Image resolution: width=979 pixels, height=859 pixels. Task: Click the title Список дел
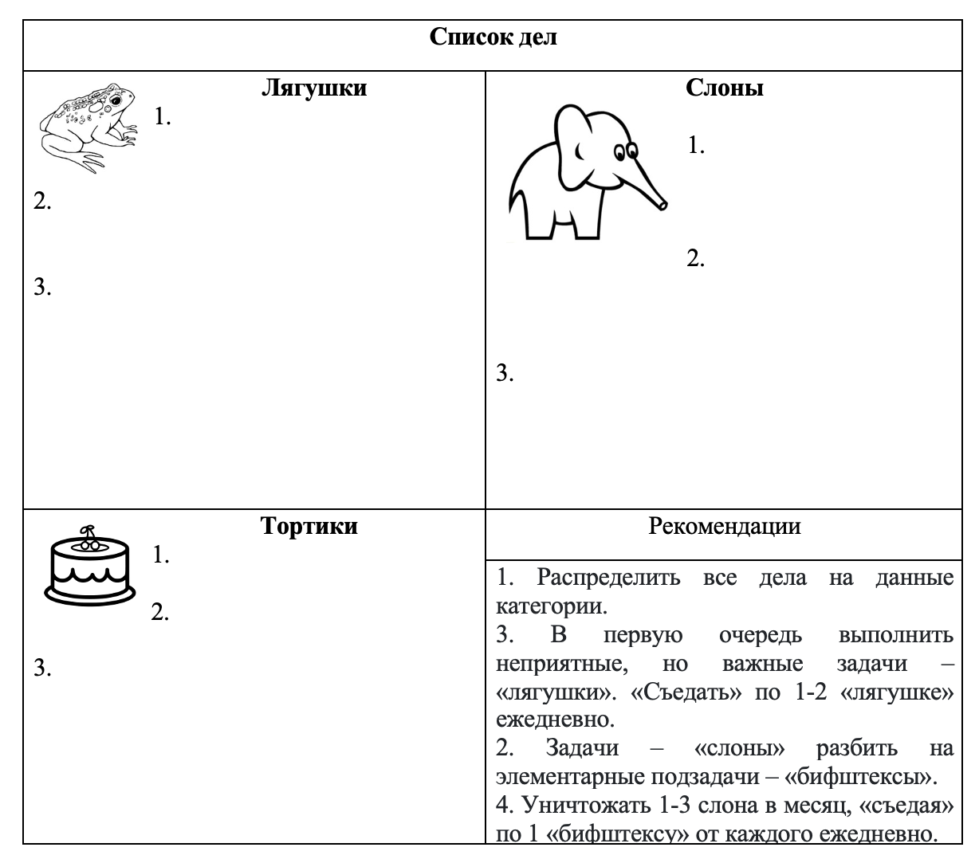(493, 37)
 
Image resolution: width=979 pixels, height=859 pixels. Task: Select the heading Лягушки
(314, 87)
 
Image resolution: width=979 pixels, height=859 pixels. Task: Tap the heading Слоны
(725, 87)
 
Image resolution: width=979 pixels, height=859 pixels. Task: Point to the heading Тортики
(309, 526)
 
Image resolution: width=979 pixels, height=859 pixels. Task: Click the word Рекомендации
(725, 526)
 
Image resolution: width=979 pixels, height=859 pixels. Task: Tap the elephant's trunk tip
(662, 204)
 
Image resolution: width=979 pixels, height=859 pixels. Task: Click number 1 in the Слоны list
(695, 146)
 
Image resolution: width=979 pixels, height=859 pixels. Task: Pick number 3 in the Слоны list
(505, 372)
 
